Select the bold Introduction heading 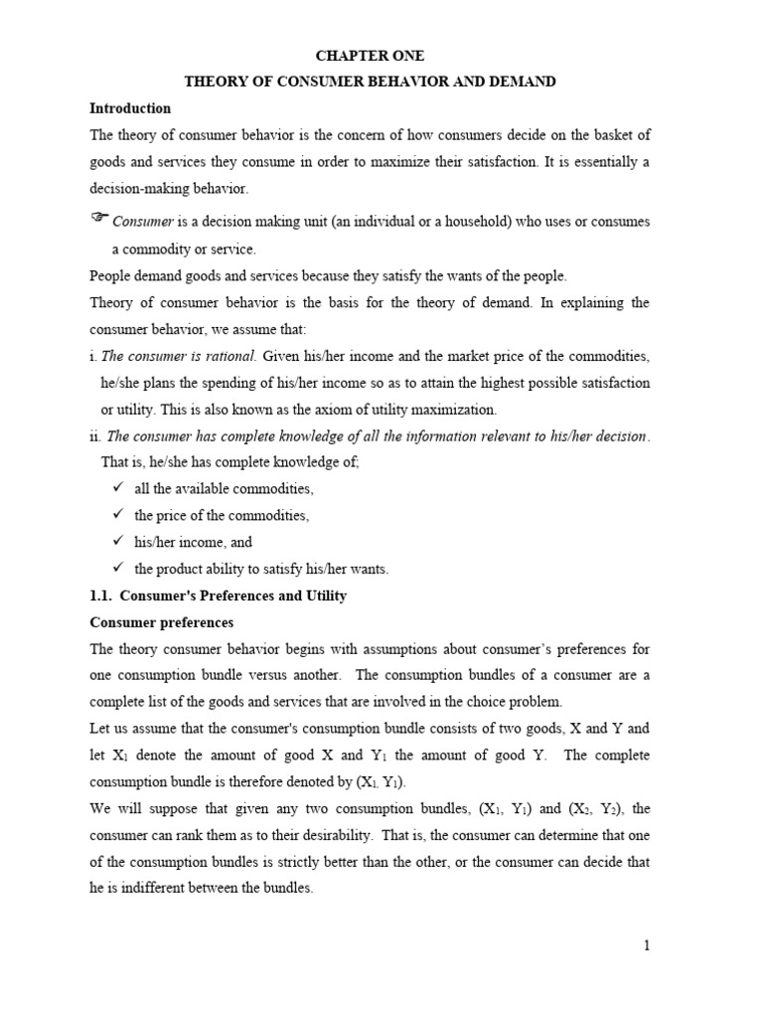tap(130, 108)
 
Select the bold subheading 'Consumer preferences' tap(161, 622)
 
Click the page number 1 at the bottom tap(647, 945)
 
